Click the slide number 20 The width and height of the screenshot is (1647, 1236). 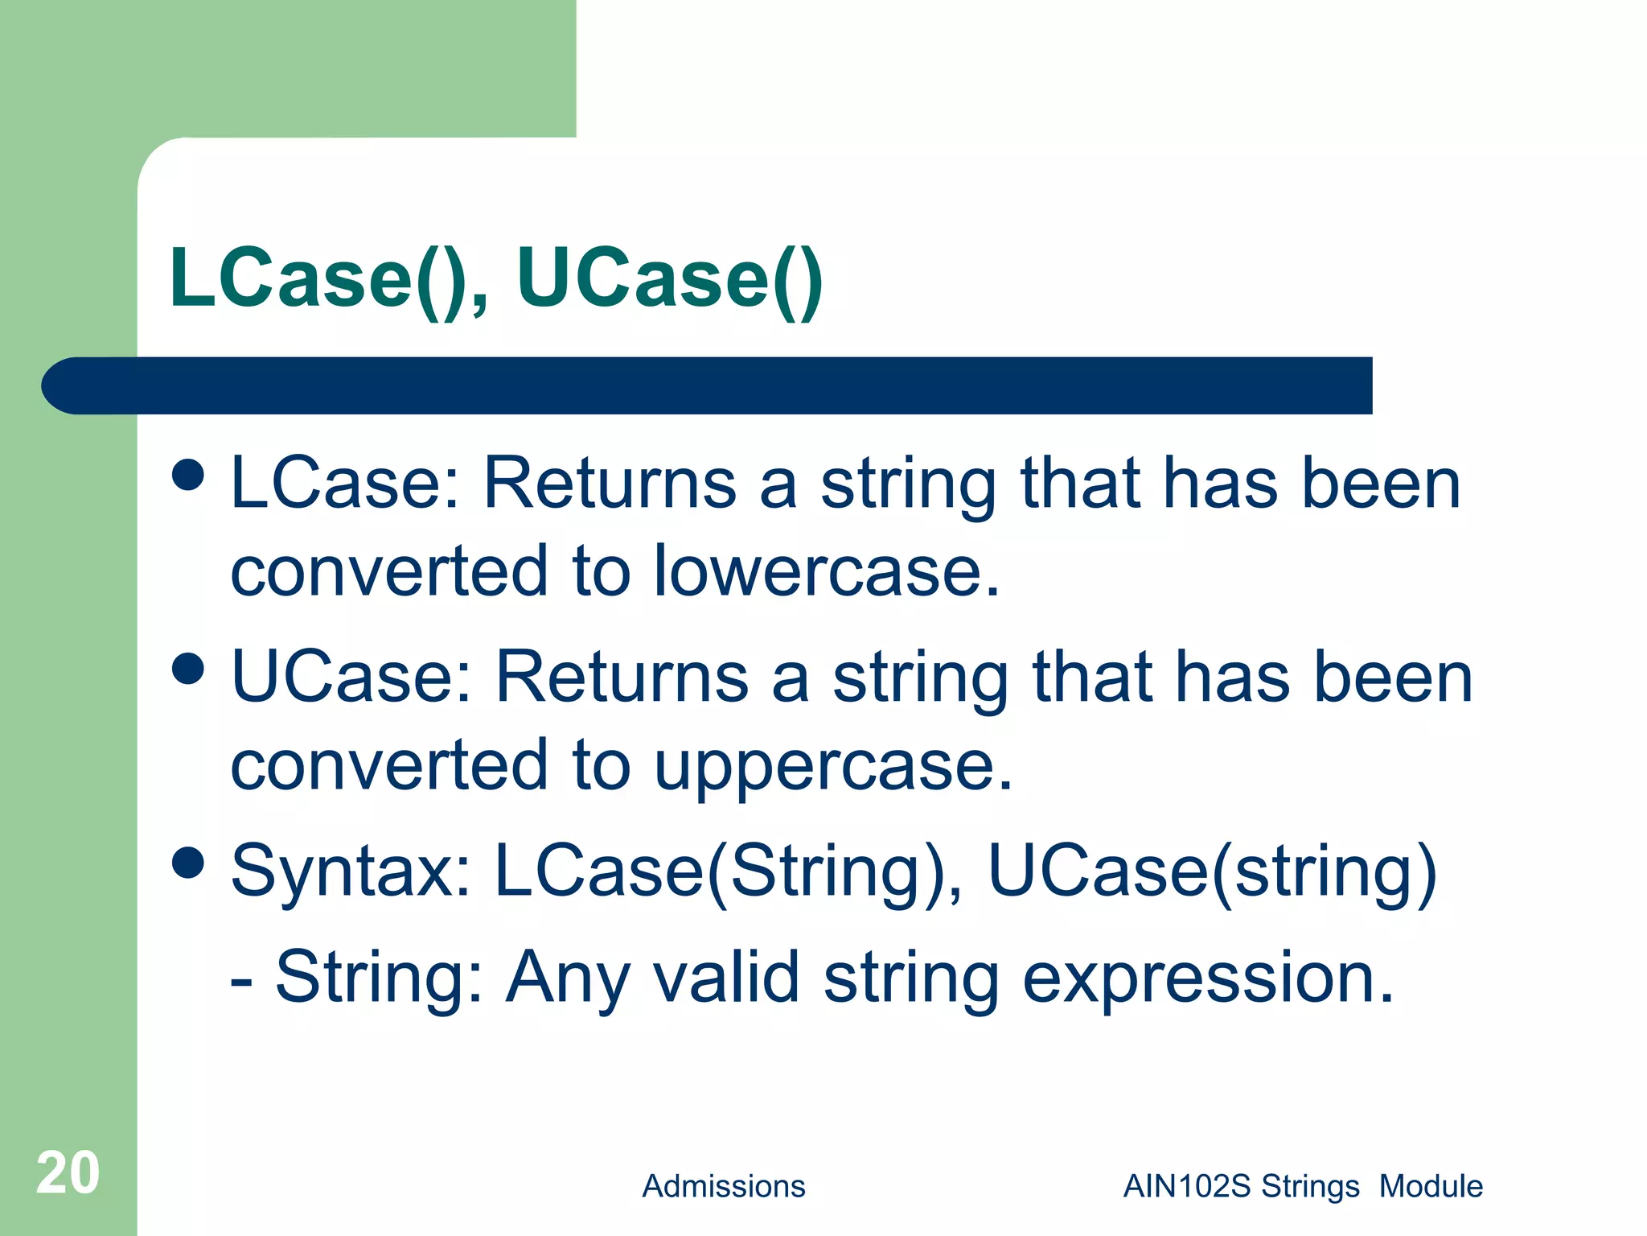(x=68, y=1172)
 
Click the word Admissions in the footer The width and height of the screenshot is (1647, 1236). (x=723, y=1186)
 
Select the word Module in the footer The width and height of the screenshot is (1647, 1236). (x=1431, y=1186)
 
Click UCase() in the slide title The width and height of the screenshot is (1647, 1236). (x=669, y=278)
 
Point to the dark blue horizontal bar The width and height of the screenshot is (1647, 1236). (x=708, y=385)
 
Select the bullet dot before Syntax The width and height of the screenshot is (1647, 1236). (x=188, y=863)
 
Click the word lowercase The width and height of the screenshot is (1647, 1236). (x=827, y=571)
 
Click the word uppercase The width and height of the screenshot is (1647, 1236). (x=833, y=766)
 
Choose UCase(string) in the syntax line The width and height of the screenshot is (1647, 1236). (x=1211, y=872)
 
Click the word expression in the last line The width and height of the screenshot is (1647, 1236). (x=1208, y=978)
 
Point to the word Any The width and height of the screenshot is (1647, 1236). (x=567, y=978)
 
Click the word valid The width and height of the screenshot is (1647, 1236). (x=725, y=977)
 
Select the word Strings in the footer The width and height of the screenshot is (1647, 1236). (x=1310, y=1186)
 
